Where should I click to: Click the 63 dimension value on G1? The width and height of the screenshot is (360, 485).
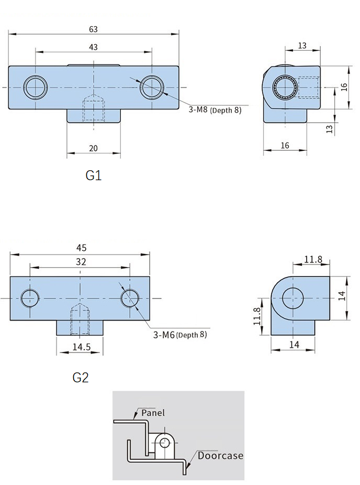94,29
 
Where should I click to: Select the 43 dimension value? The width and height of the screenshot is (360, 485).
94,47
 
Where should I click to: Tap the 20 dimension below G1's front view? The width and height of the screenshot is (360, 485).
94,148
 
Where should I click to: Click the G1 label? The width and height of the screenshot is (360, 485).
93,175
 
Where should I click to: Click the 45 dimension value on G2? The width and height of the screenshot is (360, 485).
81,248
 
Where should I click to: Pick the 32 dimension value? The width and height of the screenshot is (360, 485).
81,262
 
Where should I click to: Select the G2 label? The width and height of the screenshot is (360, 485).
81,377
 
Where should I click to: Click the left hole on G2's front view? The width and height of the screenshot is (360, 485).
30,298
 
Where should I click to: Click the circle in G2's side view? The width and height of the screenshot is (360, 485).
292,298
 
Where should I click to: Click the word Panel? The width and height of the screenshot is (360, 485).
153,413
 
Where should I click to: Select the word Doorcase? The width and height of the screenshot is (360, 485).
220,456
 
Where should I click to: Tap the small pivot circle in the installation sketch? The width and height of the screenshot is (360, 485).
165,443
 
